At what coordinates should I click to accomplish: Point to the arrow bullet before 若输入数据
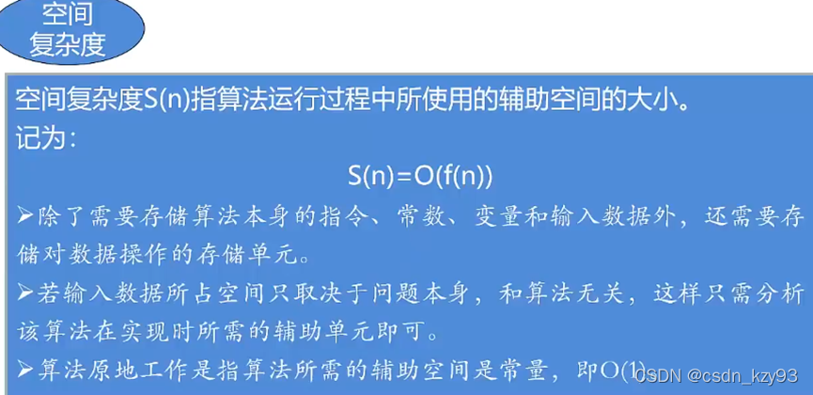pyautogui.click(x=25, y=294)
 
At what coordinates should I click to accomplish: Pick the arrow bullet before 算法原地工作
pyautogui.click(x=25, y=371)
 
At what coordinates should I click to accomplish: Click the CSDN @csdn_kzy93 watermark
pyautogui.click(x=717, y=376)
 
